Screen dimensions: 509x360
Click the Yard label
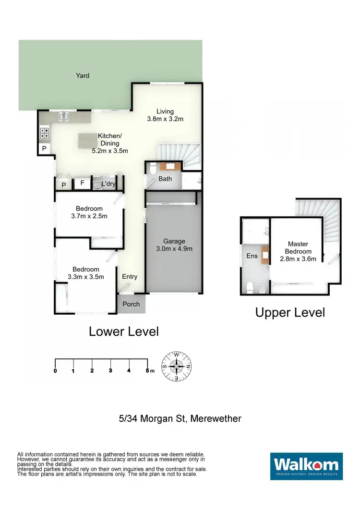[x=82, y=75]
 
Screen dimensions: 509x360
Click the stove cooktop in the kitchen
[x=44, y=132]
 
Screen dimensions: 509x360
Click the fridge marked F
[x=82, y=183]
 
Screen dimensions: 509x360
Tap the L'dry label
[x=109, y=184]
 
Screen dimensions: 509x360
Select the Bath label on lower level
[x=165, y=179]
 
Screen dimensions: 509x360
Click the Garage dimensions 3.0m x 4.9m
[x=173, y=249]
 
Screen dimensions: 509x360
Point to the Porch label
[x=131, y=304]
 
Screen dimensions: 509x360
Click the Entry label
[x=130, y=276]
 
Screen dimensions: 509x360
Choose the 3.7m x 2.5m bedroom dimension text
[x=89, y=216]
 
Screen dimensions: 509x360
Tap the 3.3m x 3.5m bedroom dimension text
[x=86, y=277]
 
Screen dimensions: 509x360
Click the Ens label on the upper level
[x=252, y=256]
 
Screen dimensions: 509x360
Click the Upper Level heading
[x=290, y=313]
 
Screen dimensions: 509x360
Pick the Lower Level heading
[x=123, y=331]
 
